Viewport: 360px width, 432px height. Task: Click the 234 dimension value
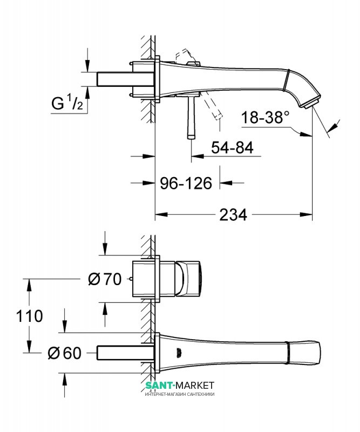coord(233,214)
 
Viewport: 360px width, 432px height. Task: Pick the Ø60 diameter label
coord(65,353)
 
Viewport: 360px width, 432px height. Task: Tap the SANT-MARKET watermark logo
coord(180,385)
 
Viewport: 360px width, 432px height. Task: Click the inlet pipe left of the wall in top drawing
coord(114,79)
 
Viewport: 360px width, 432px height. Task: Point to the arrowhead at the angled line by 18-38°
coord(335,125)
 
